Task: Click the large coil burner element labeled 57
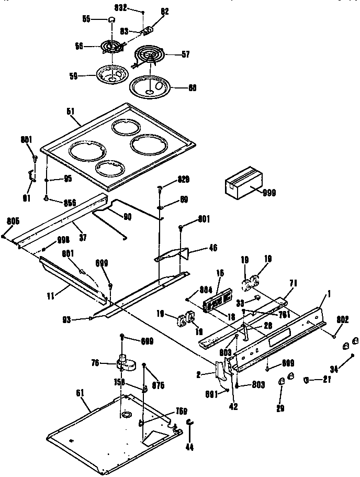click(150, 54)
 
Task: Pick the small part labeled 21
click(308, 380)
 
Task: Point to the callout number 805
click(13, 221)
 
